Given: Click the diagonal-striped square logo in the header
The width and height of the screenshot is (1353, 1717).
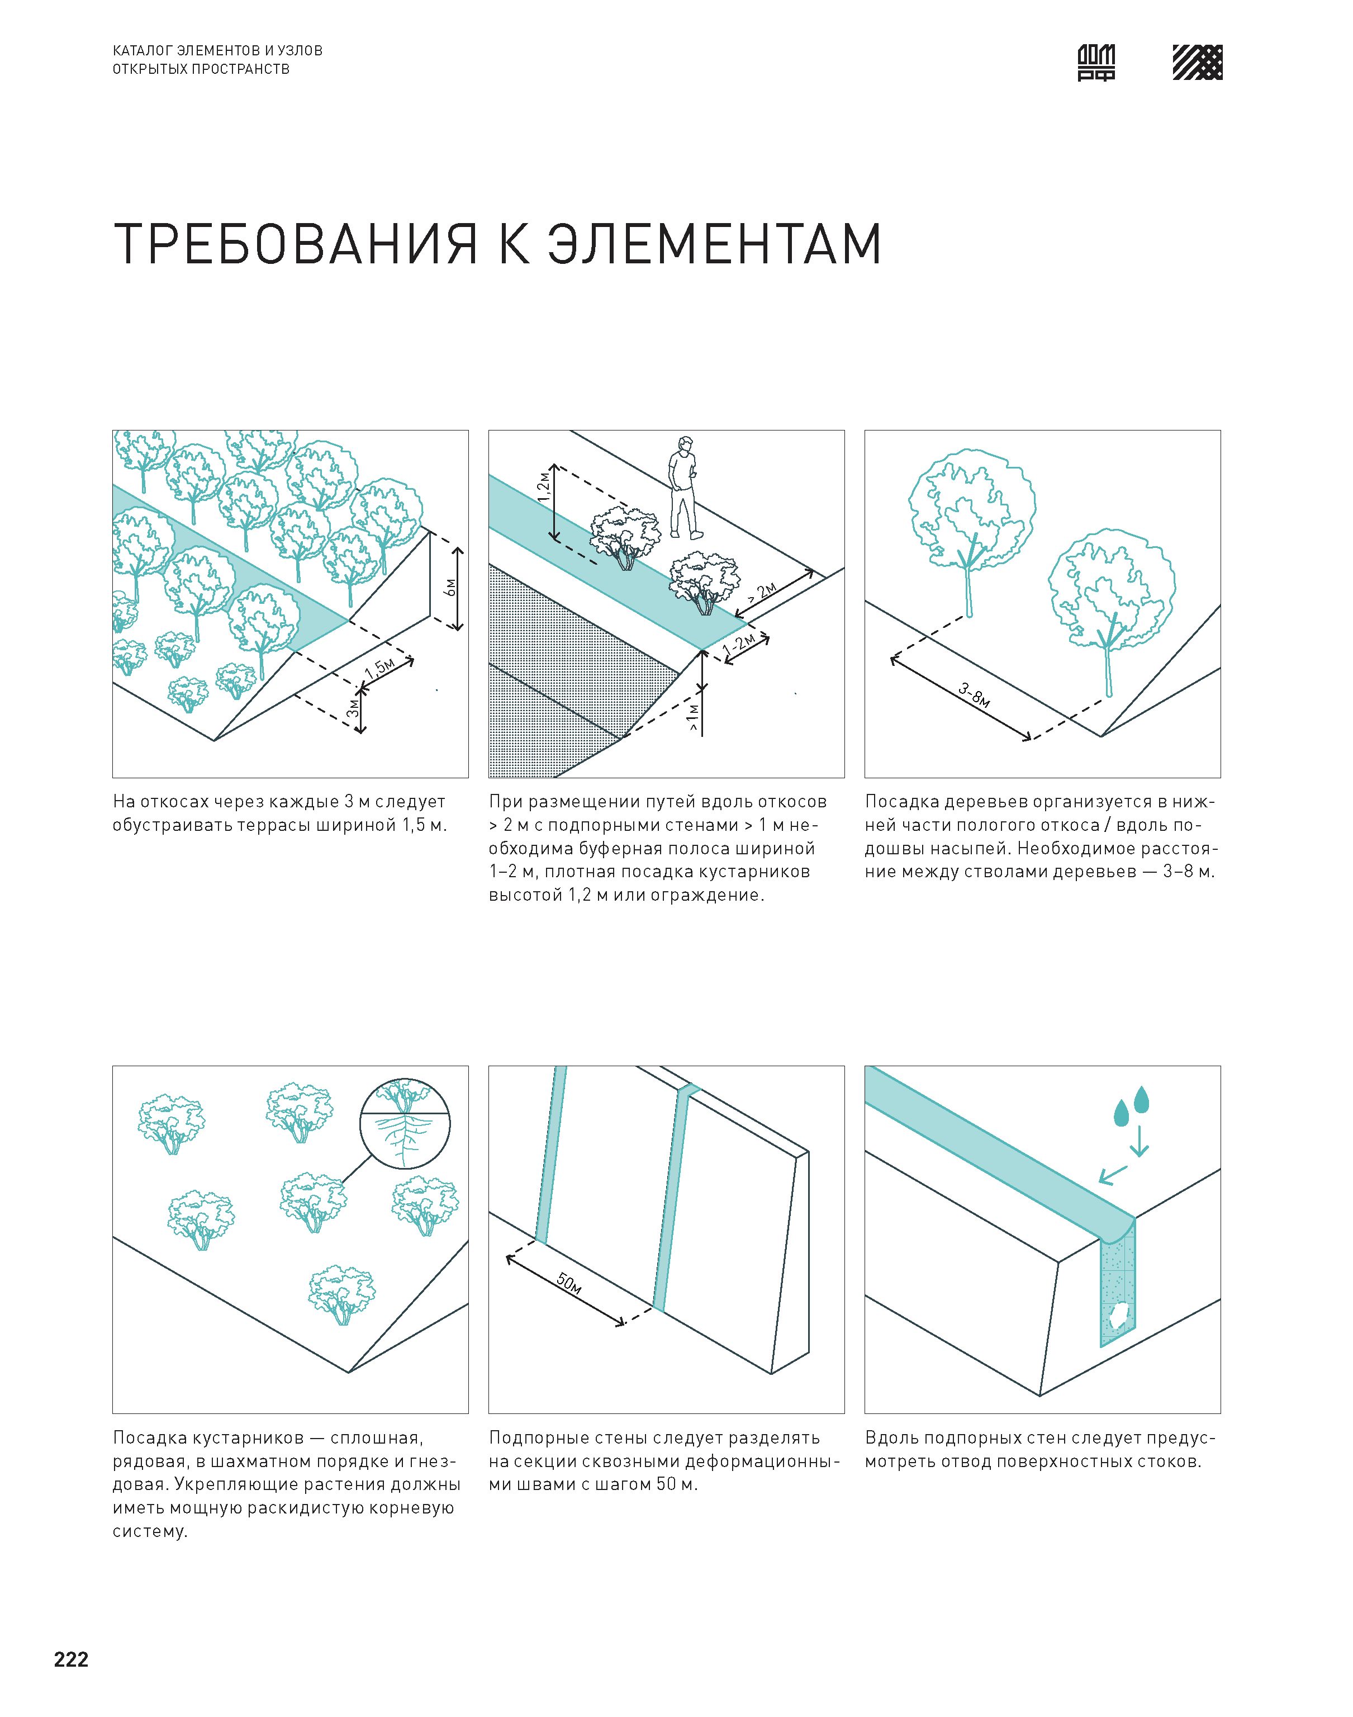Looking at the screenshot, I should coord(1197,63).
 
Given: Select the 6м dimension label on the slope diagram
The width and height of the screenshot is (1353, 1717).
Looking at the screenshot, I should coord(450,587).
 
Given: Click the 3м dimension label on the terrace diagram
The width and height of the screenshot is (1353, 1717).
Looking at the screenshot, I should coord(353,707).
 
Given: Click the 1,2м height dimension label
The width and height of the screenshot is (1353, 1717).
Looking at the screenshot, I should coord(543,486).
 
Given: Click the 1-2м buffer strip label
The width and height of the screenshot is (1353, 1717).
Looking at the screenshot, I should coord(738,645).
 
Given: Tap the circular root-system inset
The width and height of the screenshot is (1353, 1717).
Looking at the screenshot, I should coord(405,1124).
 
